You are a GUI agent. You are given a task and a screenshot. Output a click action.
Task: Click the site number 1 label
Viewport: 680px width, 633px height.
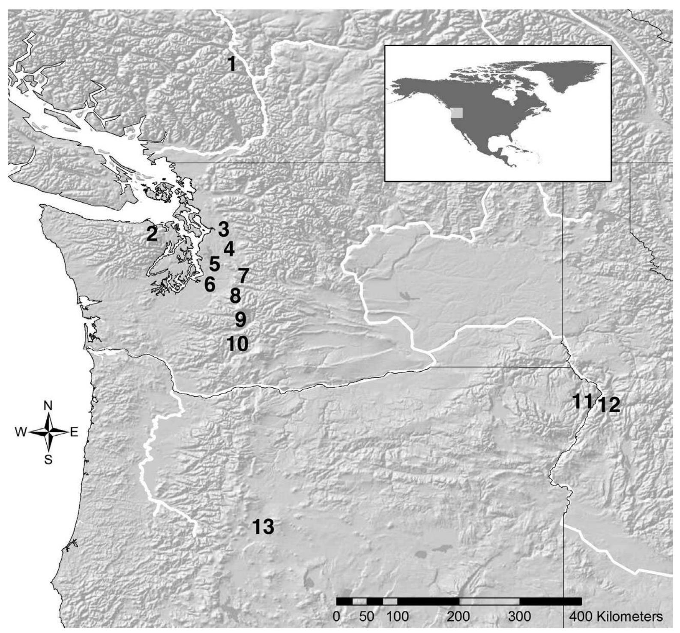pyautogui.click(x=232, y=64)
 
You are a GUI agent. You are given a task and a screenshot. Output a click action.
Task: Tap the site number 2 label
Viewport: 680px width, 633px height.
pyautogui.click(x=152, y=234)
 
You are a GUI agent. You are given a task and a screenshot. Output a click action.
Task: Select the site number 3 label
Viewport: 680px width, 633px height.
pyautogui.click(x=223, y=229)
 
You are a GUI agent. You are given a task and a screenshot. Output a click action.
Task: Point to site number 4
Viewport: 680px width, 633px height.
pyautogui.click(x=229, y=249)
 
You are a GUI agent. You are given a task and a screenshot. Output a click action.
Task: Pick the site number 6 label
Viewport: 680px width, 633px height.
pyautogui.click(x=209, y=284)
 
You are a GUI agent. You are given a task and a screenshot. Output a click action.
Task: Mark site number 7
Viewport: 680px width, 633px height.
pyautogui.click(x=243, y=276)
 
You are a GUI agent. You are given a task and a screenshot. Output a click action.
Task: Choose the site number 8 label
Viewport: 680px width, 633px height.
pyautogui.click(x=235, y=296)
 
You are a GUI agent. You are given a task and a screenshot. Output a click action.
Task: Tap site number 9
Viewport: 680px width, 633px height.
pyautogui.click(x=240, y=319)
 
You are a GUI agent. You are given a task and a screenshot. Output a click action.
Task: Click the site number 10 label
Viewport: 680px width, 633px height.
pyautogui.click(x=237, y=344)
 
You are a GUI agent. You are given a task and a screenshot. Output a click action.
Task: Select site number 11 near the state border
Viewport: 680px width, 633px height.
pyautogui.click(x=583, y=401)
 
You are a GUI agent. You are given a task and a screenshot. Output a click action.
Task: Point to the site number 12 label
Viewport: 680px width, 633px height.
pyautogui.click(x=609, y=405)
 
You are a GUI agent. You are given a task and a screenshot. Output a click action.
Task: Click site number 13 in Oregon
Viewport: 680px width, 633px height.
pyautogui.click(x=263, y=527)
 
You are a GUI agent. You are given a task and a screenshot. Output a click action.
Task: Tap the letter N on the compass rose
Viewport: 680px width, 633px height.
pyautogui.click(x=48, y=406)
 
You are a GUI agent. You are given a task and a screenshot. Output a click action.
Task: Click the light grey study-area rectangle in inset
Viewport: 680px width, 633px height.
pyautogui.click(x=458, y=112)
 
